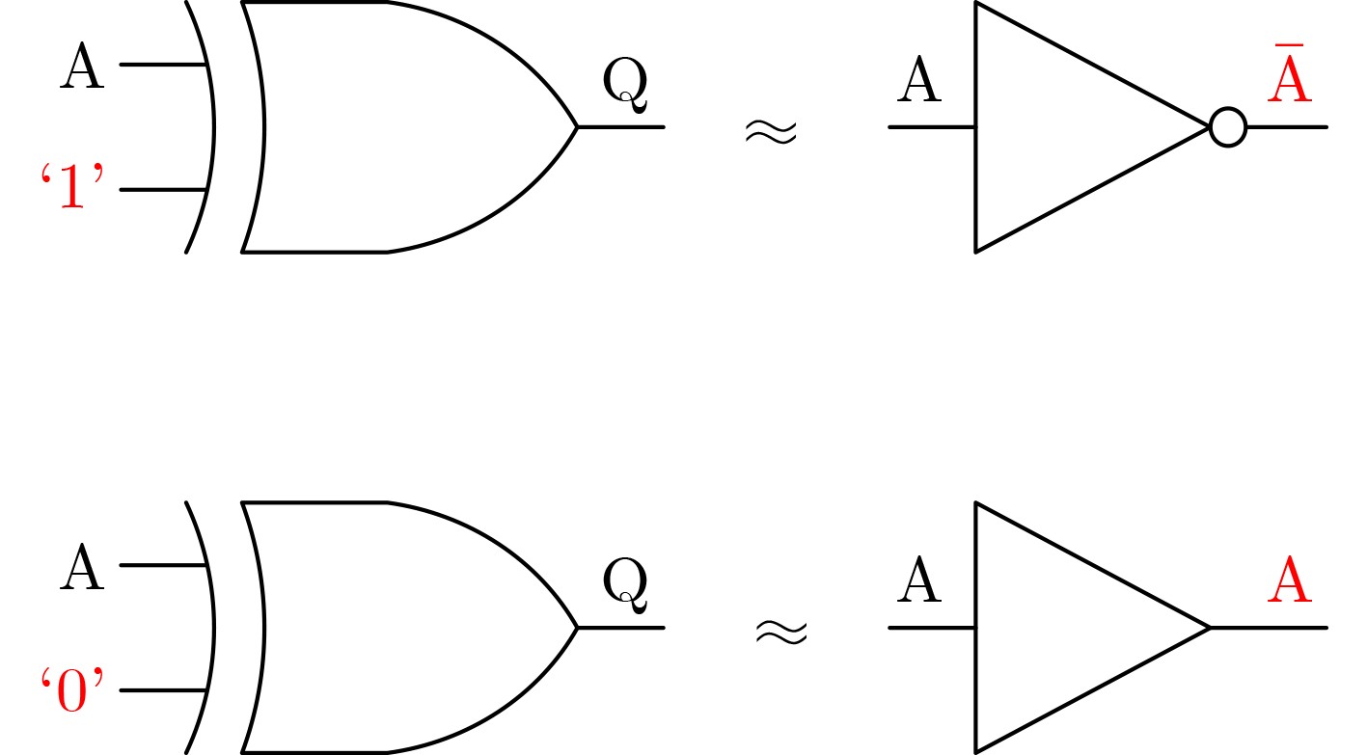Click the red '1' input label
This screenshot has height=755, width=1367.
pyautogui.click(x=72, y=186)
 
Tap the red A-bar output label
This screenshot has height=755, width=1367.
pyautogui.click(x=1289, y=72)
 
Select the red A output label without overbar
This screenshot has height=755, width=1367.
pyautogui.click(x=1289, y=580)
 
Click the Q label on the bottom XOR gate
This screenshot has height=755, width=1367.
pyautogui.click(x=624, y=585)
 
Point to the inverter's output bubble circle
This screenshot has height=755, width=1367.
pyautogui.click(x=1228, y=127)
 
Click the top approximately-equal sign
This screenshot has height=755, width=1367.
pyautogui.click(x=771, y=132)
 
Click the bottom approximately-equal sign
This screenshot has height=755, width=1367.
pyautogui.click(x=781, y=633)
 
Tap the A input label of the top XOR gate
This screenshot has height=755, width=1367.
pyautogui.click(x=82, y=66)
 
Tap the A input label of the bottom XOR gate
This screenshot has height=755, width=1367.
pyautogui.click(x=82, y=567)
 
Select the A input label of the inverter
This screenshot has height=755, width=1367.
pyautogui.click(x=919, y=79)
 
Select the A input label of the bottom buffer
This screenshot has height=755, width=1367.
pyautogui.click(x=919, y=580)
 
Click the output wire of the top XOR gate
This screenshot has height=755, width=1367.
pyautogui.click(x=620, y=127)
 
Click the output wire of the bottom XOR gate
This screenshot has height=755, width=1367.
pyautogui.click(x=620, y=628)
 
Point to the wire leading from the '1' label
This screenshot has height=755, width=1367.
pyautogui.click(x=163, y=190)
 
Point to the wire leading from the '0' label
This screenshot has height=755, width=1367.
pyautogui.click(x=163, y=690)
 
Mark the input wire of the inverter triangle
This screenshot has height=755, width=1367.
pyautogui.click(x=932, y=127)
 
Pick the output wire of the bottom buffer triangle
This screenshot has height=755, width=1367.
pyautogui.click(x=1269, y=628)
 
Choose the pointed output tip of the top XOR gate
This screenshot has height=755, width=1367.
pyautogui.click(x=577, y=127)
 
